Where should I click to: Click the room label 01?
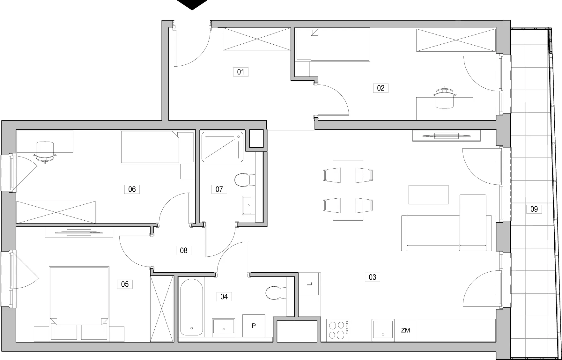(240, 72)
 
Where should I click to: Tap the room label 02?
(381, 88)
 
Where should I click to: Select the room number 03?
(372, 277)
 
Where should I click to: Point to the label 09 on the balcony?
(534, 209)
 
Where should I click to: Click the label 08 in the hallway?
(184, 251)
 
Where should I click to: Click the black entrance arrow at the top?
(192, 5)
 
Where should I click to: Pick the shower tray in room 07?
(223, 147)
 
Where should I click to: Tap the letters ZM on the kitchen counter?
(405, 330)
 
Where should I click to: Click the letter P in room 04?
(254, 326)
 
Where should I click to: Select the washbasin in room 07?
(247, 205)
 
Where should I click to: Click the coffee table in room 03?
(428, 195)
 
